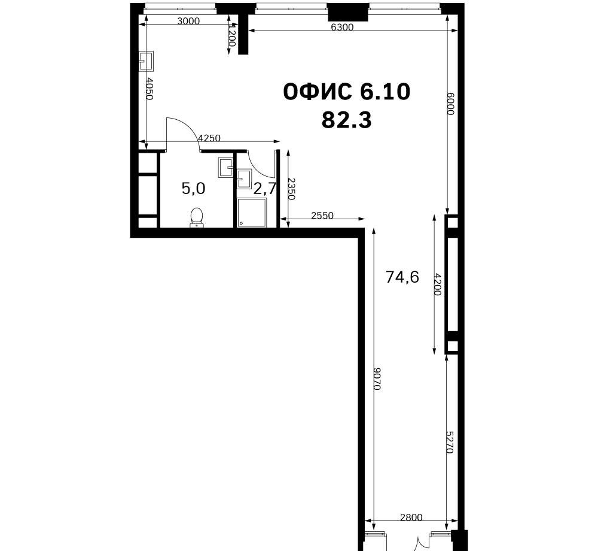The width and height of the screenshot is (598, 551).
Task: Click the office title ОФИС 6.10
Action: coord(347,92)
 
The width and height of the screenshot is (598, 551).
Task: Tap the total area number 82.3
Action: coord(347,120)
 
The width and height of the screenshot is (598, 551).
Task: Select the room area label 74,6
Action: coord(402,277)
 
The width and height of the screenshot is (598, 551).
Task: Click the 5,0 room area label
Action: coord(193,189)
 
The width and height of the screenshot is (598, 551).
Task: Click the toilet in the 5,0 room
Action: coord(197,217)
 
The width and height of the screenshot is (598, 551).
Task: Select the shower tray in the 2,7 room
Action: coord(251,213)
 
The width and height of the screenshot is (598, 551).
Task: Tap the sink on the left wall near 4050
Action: coord(147,61)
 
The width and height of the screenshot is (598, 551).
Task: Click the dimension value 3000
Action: coord(188,21)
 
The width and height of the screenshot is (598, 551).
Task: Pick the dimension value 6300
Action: coord(342,27)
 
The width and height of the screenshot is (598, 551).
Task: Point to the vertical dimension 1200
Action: coord(231,35)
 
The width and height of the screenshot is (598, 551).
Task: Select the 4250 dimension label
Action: coord(209,138)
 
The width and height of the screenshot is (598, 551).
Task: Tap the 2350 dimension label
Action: coord(291,189)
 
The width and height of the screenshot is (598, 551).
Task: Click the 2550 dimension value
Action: coord(322,216)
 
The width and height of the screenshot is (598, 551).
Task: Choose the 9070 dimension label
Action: coord(377,379)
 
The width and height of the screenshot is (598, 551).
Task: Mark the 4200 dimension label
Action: coord(438,284)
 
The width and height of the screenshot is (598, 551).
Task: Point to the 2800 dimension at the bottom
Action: coord(411,517)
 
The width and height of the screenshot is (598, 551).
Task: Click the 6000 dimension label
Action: coord(450,104)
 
